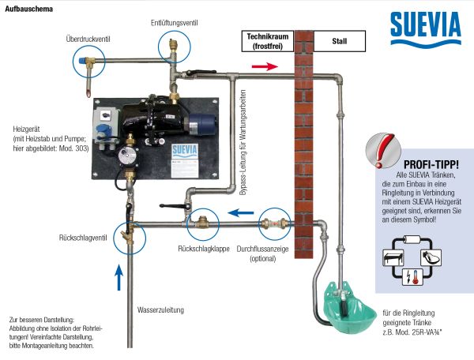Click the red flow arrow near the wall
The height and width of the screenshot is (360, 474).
[x=265, y=66]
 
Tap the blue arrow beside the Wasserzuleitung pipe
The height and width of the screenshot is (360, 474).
[x=119, y=277]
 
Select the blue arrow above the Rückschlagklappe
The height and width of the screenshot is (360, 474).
[x=241, y=212]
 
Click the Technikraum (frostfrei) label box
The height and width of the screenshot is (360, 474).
[x=268, y=41]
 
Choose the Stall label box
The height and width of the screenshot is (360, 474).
[x=340, y=41]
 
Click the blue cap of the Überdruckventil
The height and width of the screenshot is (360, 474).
[x=82, y=61]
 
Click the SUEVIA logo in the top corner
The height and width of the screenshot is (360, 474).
[x=426, y=28]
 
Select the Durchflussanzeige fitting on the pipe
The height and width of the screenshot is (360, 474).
[x=274, y=224]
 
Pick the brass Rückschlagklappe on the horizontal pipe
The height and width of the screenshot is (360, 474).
[x=202, y=223]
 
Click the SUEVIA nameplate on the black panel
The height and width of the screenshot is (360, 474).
[x=184, y=161]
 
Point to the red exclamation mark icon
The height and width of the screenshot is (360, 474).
[x=384, y=150]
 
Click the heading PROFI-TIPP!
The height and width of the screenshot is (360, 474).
[x=431, y=164]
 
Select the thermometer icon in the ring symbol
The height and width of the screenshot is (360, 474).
[x=416, y=277]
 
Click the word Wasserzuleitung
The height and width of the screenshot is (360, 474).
[x=160, y=309]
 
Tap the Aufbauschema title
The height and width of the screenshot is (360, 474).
[x=28, y=9]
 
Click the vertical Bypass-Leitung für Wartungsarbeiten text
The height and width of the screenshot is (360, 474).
[x=243, y=143]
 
